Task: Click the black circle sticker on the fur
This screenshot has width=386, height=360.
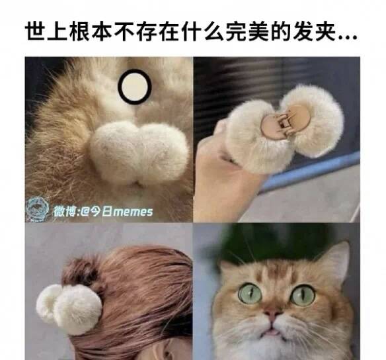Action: point(134,86)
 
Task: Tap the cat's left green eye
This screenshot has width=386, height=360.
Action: point(250,293)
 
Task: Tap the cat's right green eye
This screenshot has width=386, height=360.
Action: point(303,294)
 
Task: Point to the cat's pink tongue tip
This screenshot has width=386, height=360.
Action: point(273,333)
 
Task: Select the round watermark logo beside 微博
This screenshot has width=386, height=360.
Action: point(38,210)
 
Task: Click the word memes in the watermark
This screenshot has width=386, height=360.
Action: point(134,212)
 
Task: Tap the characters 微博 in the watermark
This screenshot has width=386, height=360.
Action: point(64,212)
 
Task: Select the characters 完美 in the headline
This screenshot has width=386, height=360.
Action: point(247,32)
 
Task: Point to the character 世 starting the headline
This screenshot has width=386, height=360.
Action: point(36,32)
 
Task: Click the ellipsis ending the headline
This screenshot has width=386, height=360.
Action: point(348,38)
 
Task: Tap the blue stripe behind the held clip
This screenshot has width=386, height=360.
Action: point(311,170)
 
